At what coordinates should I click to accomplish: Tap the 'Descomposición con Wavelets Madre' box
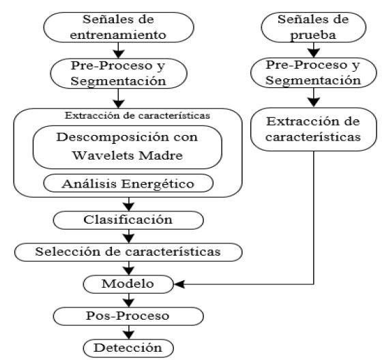[x=128, y=146]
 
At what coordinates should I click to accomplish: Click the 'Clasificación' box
[x=128, y=220]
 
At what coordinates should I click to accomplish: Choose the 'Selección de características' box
[x=128, y=252]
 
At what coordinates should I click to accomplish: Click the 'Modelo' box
[x=128, y=283]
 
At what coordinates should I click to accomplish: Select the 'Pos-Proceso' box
[x=128, y=316]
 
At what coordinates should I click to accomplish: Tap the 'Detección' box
[x=128, y=348]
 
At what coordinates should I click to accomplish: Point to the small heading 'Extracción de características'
[x=128, y=115]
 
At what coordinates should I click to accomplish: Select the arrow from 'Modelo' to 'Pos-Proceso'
[x=128, y=300]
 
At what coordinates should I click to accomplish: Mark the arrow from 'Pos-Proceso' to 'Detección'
[x=128, y=332]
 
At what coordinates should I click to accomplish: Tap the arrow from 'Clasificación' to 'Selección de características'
[x=128, y=236]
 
